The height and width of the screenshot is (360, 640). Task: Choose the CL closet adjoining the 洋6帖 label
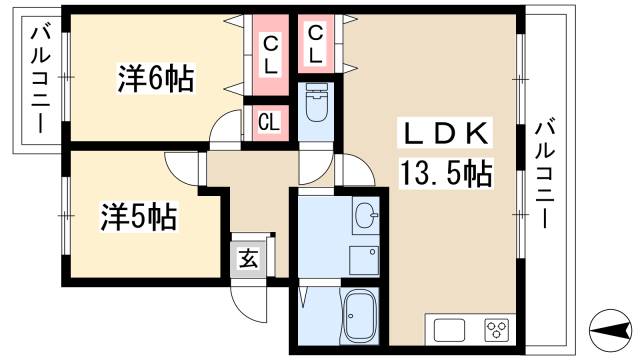click(x=270, y=52)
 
